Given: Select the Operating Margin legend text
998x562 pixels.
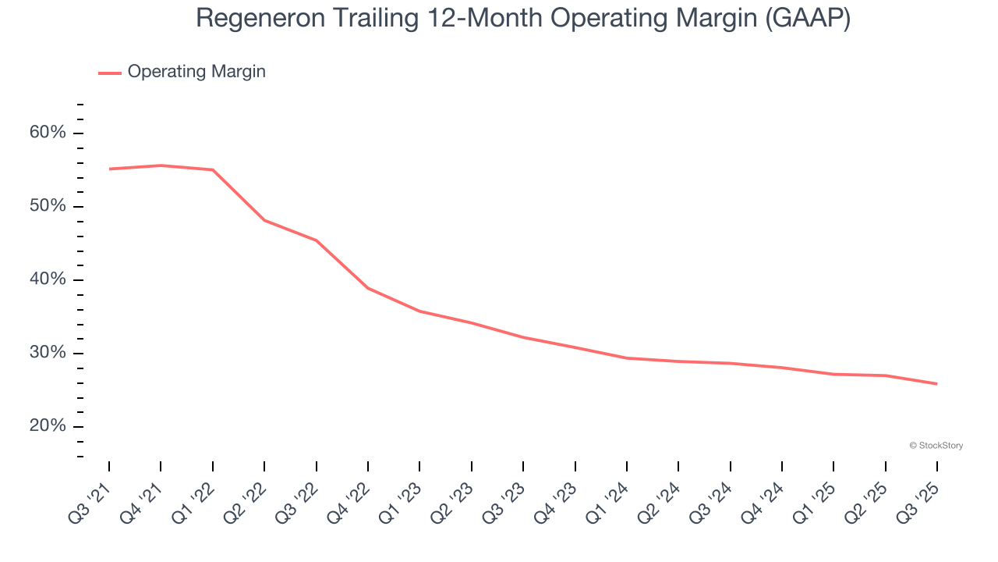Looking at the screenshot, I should tap(196, 72).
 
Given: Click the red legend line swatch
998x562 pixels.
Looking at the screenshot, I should tap(110, 73).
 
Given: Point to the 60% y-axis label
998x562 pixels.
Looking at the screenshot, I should tap(48, 133).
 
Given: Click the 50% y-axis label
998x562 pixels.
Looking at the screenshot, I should tap(48, 206).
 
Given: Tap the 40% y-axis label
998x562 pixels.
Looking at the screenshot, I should tap(48, 279).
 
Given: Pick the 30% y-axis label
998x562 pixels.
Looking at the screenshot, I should tap(48, 353).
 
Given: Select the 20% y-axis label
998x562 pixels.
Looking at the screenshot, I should tap(48, 426).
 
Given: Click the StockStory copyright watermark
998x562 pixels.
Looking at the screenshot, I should tap(936, 446).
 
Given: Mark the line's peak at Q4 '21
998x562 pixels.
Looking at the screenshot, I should tap(161, 165).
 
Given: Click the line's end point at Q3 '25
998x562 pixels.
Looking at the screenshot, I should tap(936, 383).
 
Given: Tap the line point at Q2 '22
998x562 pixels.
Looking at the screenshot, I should tap(264, 220).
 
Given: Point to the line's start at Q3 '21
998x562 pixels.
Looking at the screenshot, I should tap(109, 169).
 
